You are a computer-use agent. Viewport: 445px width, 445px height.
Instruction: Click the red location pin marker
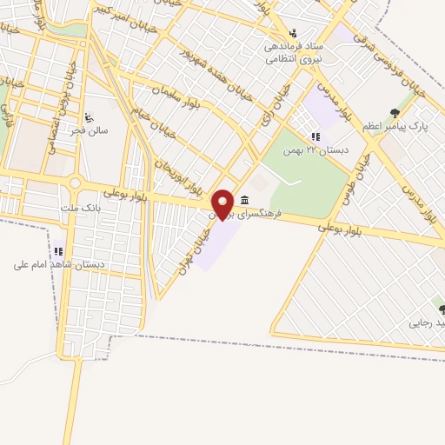point(223,203)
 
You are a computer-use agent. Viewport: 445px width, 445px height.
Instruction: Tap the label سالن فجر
point(91,130)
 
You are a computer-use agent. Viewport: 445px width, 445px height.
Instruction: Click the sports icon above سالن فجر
point(89,116)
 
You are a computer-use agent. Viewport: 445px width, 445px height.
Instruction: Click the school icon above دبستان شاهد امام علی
point(58,251)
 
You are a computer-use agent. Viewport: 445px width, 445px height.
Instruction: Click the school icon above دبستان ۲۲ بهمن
point(315,136)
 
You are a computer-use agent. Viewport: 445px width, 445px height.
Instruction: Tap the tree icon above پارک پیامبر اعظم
point(395,113)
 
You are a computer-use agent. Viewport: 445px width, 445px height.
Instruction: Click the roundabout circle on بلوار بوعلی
point(75,184)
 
